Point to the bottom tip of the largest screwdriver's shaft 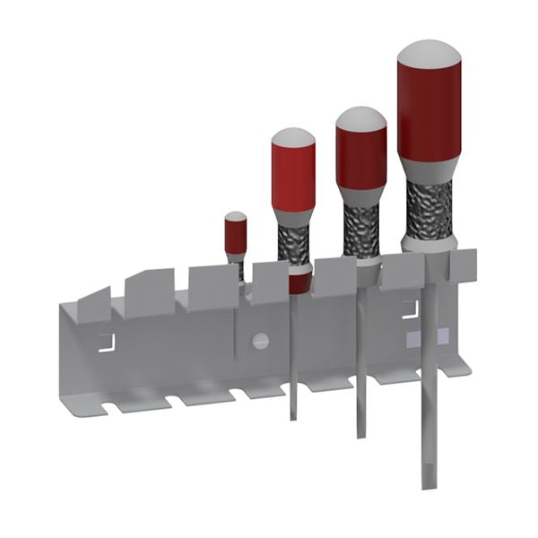428,484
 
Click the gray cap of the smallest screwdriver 236,216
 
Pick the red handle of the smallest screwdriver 236,237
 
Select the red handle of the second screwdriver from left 293,179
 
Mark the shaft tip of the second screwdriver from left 293,416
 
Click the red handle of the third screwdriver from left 361,157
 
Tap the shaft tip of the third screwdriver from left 360,434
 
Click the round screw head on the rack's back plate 261,340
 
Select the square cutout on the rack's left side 107,342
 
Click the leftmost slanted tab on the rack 93,304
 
